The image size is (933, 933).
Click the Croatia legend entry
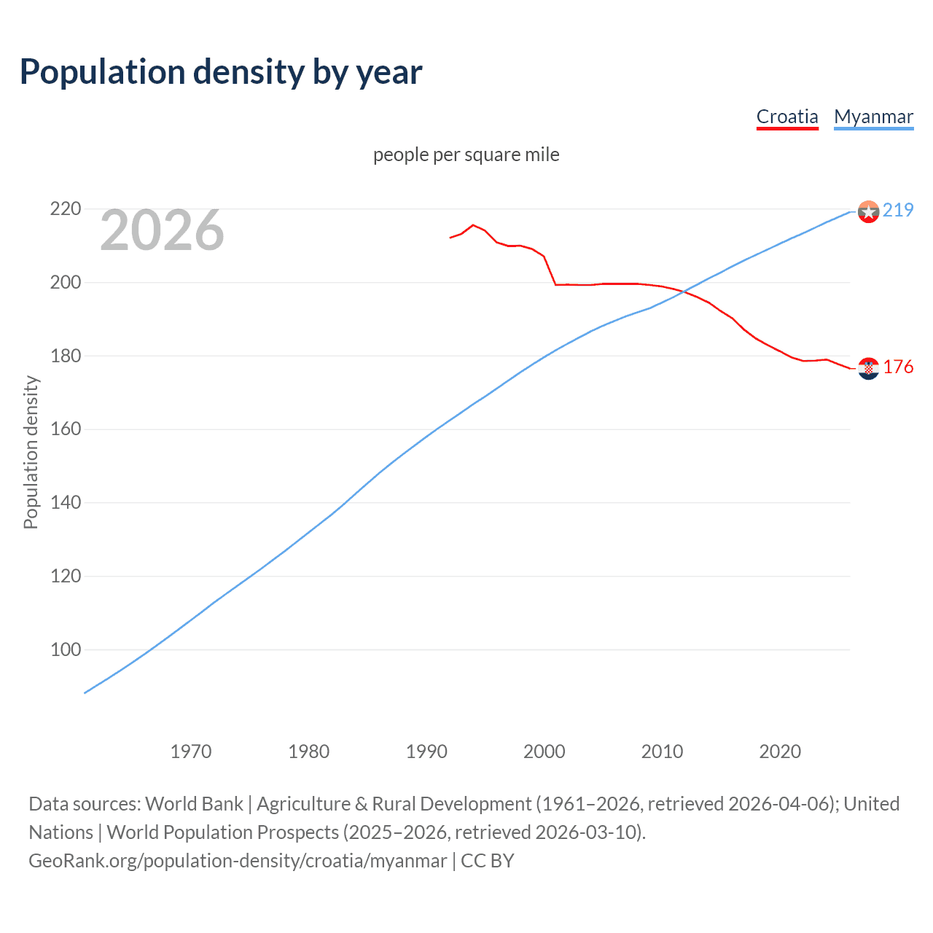pyautogui.click(x=787, y=117)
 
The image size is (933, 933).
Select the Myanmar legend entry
pyautogui.click(x=873, y=117)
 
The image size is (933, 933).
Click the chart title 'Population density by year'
pyautogui.click(x=221, y=72)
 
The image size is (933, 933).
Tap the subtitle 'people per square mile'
pyautogui.click(x=466, y=155)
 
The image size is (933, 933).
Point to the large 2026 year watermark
pyautogui.click(x=162, y=230)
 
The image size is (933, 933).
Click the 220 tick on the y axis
pyautogui.click(x=65, y=209)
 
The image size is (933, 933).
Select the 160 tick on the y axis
pyautogui.click(x=65, y=429)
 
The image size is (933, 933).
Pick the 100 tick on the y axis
pyautogui.click(x=65, y=649)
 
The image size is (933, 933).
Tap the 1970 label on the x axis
pyautogui.click(x=191, y=751)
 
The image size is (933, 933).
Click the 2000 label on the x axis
pyautogui.click(x=544, y=751)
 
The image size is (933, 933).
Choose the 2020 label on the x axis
pyautogui.click(x=780, y=751)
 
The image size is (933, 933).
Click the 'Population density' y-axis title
pyautogui.click(x=31, y=452)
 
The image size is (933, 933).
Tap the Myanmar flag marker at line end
pyautogui.click(x=868, y=211)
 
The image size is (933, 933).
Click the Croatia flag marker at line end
pyautogui.click(x=868, y=369)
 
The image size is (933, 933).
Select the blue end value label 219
pyautogui.click(x=898, y=210)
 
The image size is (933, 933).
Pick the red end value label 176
pyautogui.click(x=898, y=367)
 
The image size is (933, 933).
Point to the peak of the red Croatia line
pyautogui.click(x=473, y=225)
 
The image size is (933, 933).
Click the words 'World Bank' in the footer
pyautogui.click(x=194, y=803)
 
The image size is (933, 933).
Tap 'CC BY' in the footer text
pyautogui.click(x=488, y=860)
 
